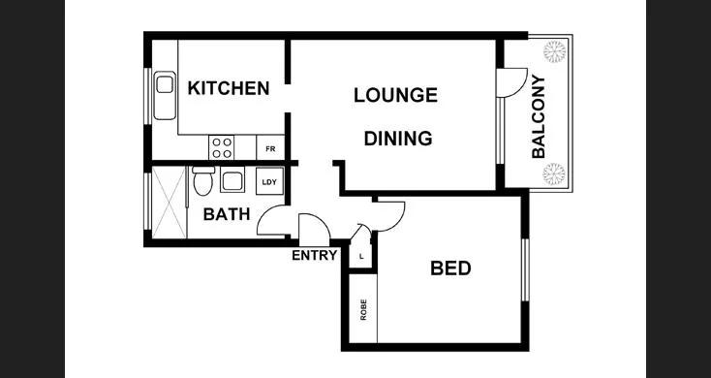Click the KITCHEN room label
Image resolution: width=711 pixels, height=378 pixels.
pyautogui.click(x=228, y=89)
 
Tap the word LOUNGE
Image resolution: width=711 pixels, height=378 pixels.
pyautogui.click(x=395, y=95)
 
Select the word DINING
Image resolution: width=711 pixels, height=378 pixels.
pyautogui.click(x=397, y=139)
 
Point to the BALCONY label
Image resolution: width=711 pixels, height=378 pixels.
pyautogui.click(x=539, y=116)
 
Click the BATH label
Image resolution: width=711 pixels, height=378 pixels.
pyautogui.click(x=227, y=214)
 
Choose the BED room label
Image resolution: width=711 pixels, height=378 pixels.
pyautogui.click(x=450, y=268)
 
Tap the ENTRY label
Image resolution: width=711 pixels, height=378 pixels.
pyautogui.click(x=315, y=256)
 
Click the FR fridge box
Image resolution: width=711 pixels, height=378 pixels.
pyautogui.click(x=270, y=149)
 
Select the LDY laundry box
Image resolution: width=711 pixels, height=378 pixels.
pyautogui.click(x=268, y=181)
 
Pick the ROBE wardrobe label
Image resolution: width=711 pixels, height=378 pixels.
pyautogui.click(x=364, y=310)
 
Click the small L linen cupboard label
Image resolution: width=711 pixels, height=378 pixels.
pyautogui.click(x=360, y=257)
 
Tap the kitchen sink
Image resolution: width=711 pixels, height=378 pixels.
pyautogui.click(x=163, y=95)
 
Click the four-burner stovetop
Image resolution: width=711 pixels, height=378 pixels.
pyautogui.click(x=222, y=148)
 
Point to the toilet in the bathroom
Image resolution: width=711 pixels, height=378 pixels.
pyautogui.click(x=202, y=180)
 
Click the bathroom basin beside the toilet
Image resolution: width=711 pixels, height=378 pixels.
pyautogui.click(x=232, y=180)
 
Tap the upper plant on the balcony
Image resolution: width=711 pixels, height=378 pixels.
pyautogui.click(x=556, y=50)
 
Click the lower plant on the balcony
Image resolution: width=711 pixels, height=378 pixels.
pyautogui.click(x=554, y=174)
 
